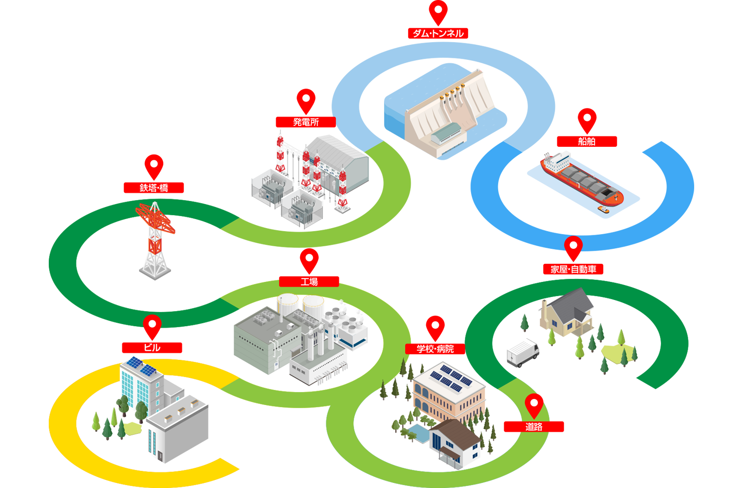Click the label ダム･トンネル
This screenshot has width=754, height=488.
[438, 34]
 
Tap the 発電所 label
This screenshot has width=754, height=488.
[306, 122]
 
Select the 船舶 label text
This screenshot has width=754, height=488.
[587, 142]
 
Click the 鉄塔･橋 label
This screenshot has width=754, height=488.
[154, 188]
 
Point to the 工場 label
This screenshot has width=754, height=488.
[309, 281]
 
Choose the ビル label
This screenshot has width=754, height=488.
[152, 347]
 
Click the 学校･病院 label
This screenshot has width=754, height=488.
[435, 349]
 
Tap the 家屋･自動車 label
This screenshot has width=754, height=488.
[573, 269]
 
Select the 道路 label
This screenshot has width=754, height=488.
[534, 427]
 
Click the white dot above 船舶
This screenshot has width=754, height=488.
[587, 118]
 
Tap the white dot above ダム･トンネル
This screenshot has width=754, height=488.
[438, 10]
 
